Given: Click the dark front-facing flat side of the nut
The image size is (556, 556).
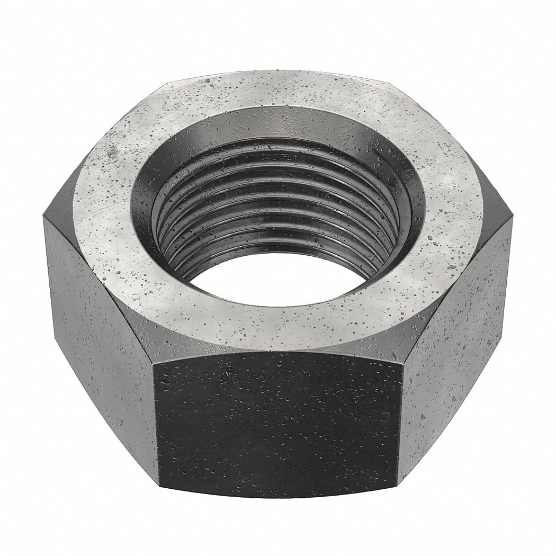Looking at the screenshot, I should click(x=278, y=424).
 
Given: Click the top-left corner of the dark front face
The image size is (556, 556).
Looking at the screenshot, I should click(x=159, y=365).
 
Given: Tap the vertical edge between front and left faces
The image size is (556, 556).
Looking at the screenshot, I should click(x=157, y=424).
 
